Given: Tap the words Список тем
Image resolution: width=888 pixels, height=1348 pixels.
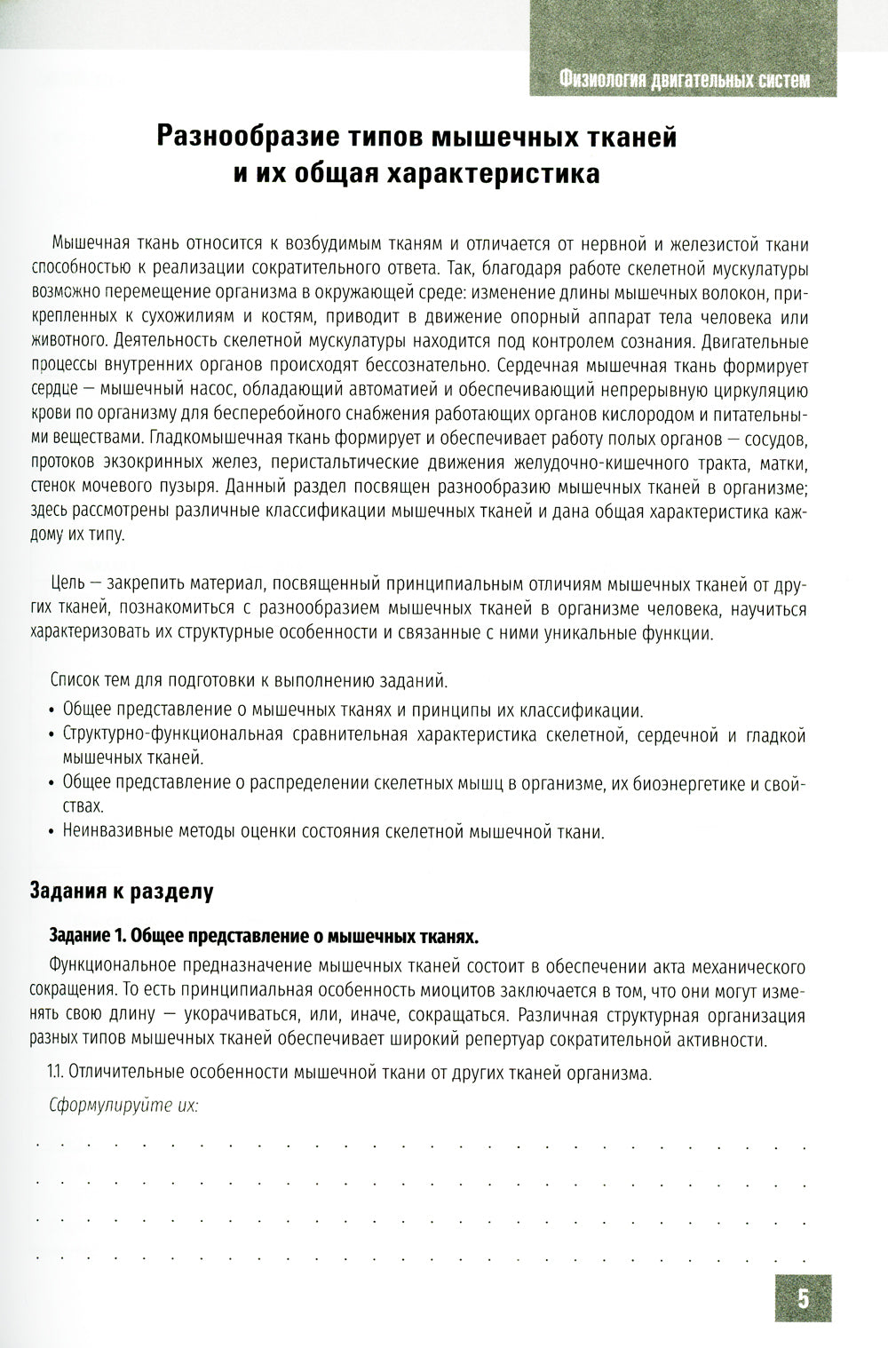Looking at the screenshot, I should pos(92,681).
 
